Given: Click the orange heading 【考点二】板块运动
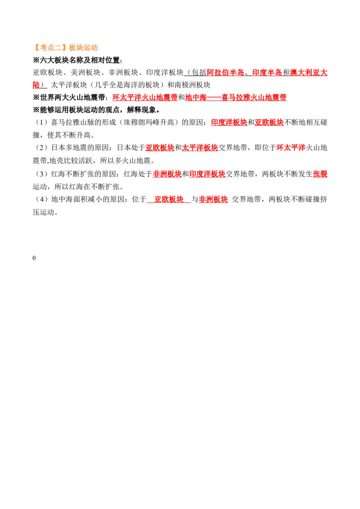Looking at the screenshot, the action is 65,48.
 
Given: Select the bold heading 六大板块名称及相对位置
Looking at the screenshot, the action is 80,60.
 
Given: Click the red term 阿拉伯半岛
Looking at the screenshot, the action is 225,73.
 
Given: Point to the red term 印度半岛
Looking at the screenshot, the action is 267,73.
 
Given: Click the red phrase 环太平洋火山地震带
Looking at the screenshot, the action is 145,98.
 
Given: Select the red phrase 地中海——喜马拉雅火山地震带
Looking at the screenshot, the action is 236,98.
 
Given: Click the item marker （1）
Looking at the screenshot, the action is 41,122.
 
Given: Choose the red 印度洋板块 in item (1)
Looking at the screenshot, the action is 229,122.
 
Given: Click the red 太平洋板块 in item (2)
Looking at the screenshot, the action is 200,147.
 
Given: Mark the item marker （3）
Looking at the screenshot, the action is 41,174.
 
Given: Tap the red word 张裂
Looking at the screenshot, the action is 320,174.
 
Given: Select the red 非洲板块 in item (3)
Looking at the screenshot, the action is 167,174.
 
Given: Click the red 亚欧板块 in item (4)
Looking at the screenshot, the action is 169,199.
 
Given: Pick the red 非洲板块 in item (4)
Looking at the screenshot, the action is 213,199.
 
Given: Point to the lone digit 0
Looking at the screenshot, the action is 34,258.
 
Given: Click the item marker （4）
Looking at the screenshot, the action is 41,199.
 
